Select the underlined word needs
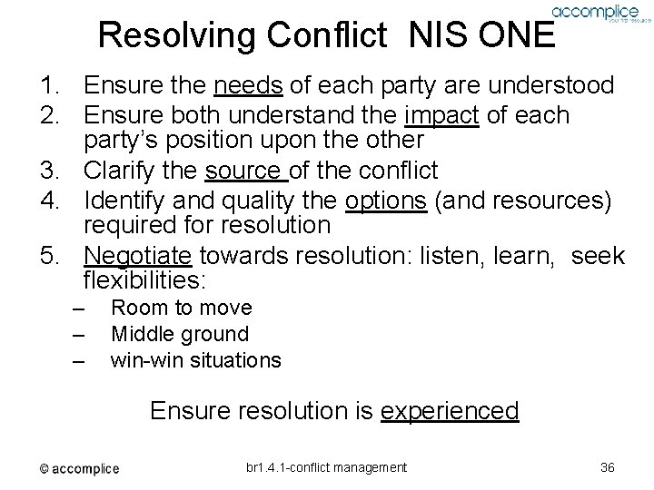pyautogui.click(x=248, y=86)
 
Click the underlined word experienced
pyautogui.click(x=450, y=411)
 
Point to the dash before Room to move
pyautogui.click(x=78, y=309)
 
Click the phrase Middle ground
pyautogui.click(x=179, y=334)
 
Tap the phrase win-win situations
pyautogui.click(x=195, y=359)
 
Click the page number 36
pyautogui.click(x=608, y=466)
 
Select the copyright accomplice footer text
pyautogui.click(x=78, y=468)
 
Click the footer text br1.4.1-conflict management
pyautogui.click(x=326, y=466)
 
